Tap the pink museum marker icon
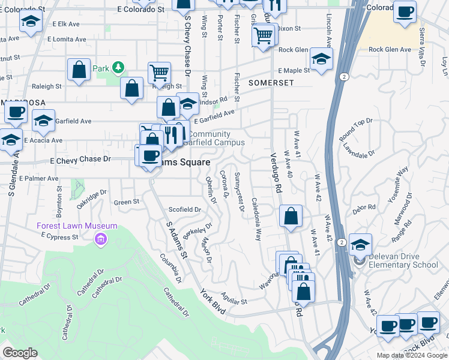100,240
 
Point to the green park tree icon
119,68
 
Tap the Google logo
20,353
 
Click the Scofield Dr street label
184,209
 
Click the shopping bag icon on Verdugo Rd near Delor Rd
291,217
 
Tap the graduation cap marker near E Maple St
322,59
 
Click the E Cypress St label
60,237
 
